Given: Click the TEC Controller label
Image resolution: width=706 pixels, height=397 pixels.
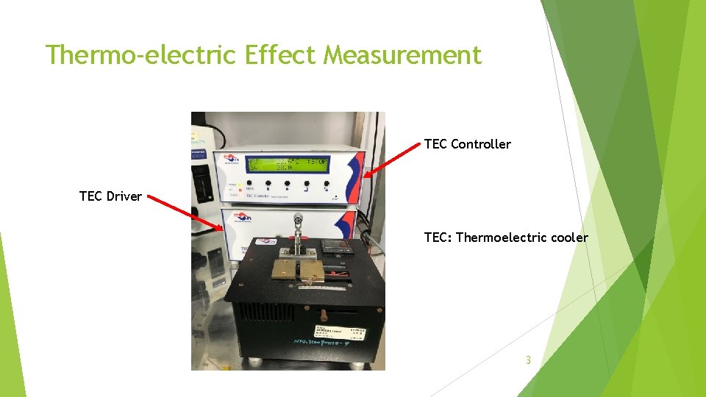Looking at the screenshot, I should (x=467, y=144).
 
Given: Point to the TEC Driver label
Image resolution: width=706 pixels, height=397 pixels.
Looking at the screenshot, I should (x=110, y=196).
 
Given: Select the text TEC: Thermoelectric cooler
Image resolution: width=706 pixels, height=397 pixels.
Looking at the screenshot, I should (x=506, y=237).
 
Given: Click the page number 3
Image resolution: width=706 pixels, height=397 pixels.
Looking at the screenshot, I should (x=527, y=360).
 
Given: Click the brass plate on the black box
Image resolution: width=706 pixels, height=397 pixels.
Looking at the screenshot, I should (x=299, y=271).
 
